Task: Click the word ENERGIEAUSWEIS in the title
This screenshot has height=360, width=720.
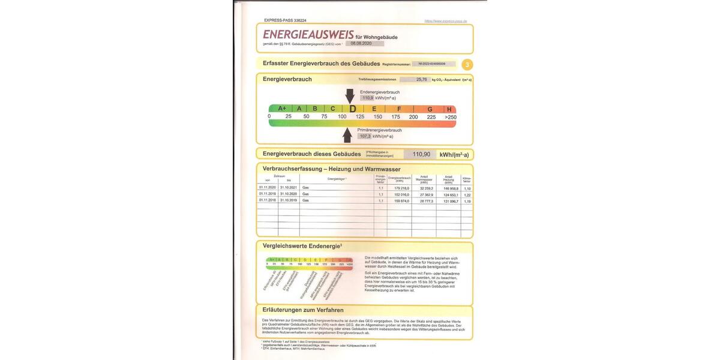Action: (302, 35)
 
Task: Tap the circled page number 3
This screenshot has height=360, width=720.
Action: (467, 65)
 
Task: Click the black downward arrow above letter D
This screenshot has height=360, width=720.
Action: (350, 95)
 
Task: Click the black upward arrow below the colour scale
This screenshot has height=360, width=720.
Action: (347, 135)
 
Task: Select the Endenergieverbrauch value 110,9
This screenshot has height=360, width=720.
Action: (367, 97)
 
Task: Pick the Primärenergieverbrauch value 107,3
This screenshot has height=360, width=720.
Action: (365, 136)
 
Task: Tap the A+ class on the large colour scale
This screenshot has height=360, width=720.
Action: (282, 109)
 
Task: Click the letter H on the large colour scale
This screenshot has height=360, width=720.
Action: (449, 109)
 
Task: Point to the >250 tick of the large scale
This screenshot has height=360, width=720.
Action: (450, 117)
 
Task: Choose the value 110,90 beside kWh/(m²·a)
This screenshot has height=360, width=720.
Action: (421, 154)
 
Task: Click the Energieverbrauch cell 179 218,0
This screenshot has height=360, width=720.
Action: (399, 188)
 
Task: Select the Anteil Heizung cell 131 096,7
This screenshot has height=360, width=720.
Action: (448, 201)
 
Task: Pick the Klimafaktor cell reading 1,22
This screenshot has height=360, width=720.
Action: (467, 194)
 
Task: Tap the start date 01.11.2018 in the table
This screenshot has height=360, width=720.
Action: (267, 201)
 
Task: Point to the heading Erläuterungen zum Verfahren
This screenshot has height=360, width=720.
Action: (303, 310)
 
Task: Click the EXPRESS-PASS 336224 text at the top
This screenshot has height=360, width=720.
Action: (285, 20)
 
